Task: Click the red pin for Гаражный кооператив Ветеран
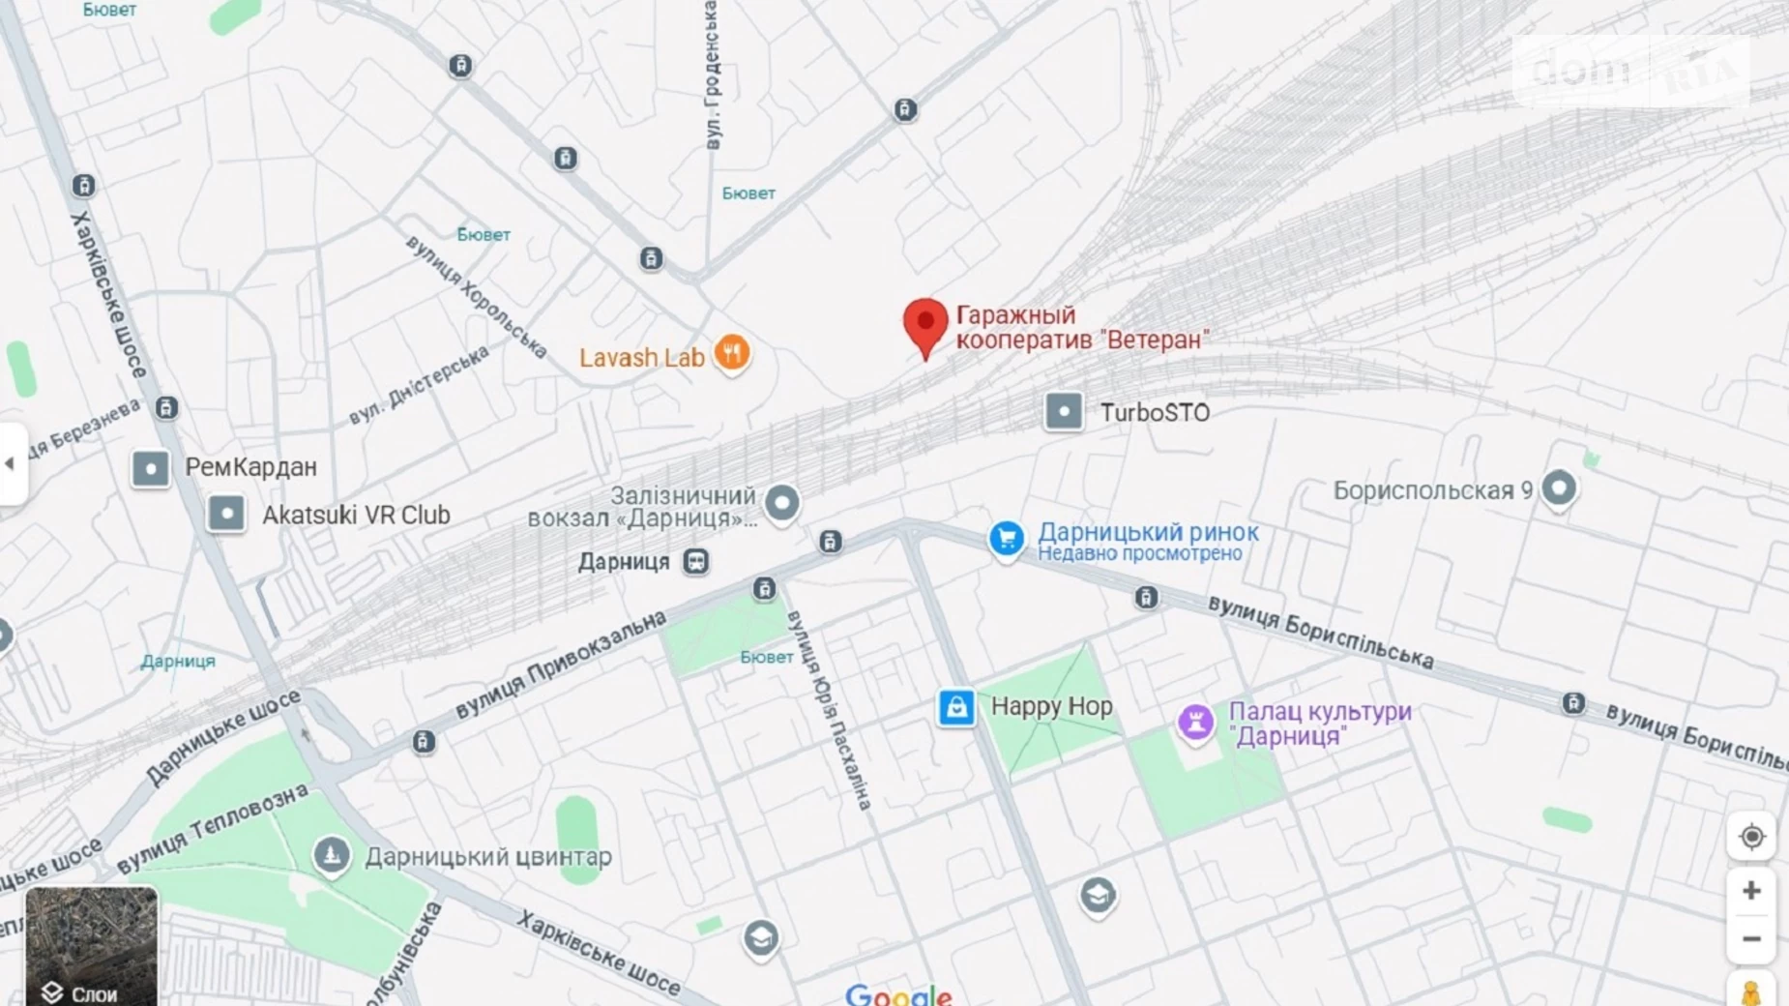point(925,325)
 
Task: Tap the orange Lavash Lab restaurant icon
point(732,353)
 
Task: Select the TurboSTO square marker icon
point(1063,411)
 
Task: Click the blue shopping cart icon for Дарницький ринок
point(1006,538)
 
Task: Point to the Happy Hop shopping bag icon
point(955,707)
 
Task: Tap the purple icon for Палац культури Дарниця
point(1195,722)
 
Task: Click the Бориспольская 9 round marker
point(1558,488)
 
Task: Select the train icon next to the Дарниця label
point(695,562)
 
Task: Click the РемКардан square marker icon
point(151,468)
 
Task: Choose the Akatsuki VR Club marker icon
point(226,514)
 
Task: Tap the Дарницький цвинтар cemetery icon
point(331,855)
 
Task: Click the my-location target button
point(1751,837)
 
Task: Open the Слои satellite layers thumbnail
point(91,945)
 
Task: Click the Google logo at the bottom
point(897,994)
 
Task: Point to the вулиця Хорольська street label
point(476,295)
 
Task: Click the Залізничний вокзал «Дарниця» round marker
point(781,502)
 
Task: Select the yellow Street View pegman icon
point(1751,992)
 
